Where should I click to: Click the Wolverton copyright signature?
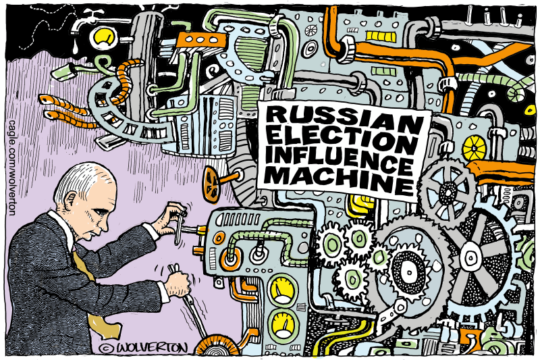[142, 348]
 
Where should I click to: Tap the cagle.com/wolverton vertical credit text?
[12, 168]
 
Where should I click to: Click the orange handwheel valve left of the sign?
[211, 184]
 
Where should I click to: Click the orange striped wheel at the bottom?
[217, 346]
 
